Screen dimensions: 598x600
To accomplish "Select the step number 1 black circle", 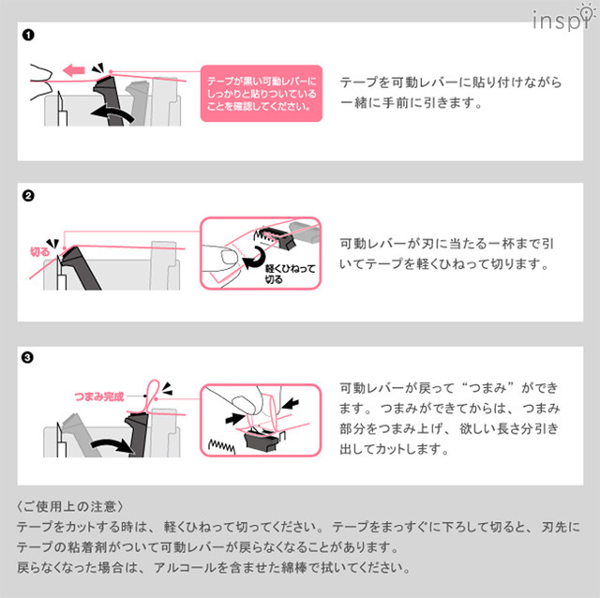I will click(28, 37).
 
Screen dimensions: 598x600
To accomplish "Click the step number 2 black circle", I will click(28, 197).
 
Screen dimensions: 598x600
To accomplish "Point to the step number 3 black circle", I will click(28, 357).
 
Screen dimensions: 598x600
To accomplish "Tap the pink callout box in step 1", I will click(262, 92).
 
